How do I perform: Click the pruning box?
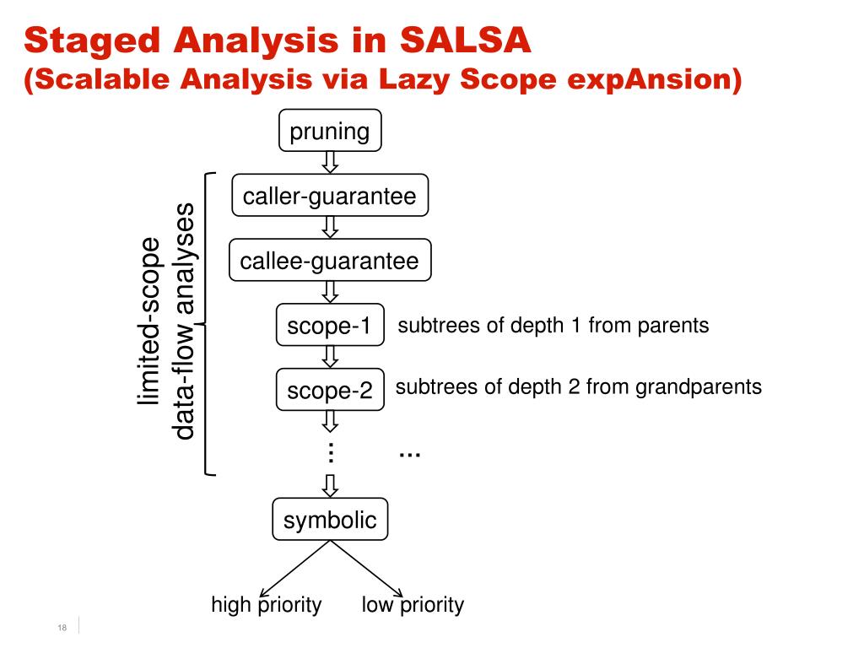pyautogui.click(x=330, y=132)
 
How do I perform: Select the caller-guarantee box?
pyautogui.click(x=330, y=197)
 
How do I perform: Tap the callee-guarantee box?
pyautogui.click(x=330, y=261)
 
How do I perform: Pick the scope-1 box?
pyautogui.click(x=330, y=326)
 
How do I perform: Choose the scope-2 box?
pyautogui.click(x=330, y=391)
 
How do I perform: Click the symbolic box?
pyautogui.click(x=330, y=519)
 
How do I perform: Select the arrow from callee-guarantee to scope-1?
pyautogui.click(x=330, y=292)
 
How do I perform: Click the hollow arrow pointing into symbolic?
pyautogui.click(x=330, y=486)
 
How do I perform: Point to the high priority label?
pyautogui.click(x=267, y=605)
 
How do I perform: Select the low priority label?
pyautogui.click(x=413, y=605)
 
